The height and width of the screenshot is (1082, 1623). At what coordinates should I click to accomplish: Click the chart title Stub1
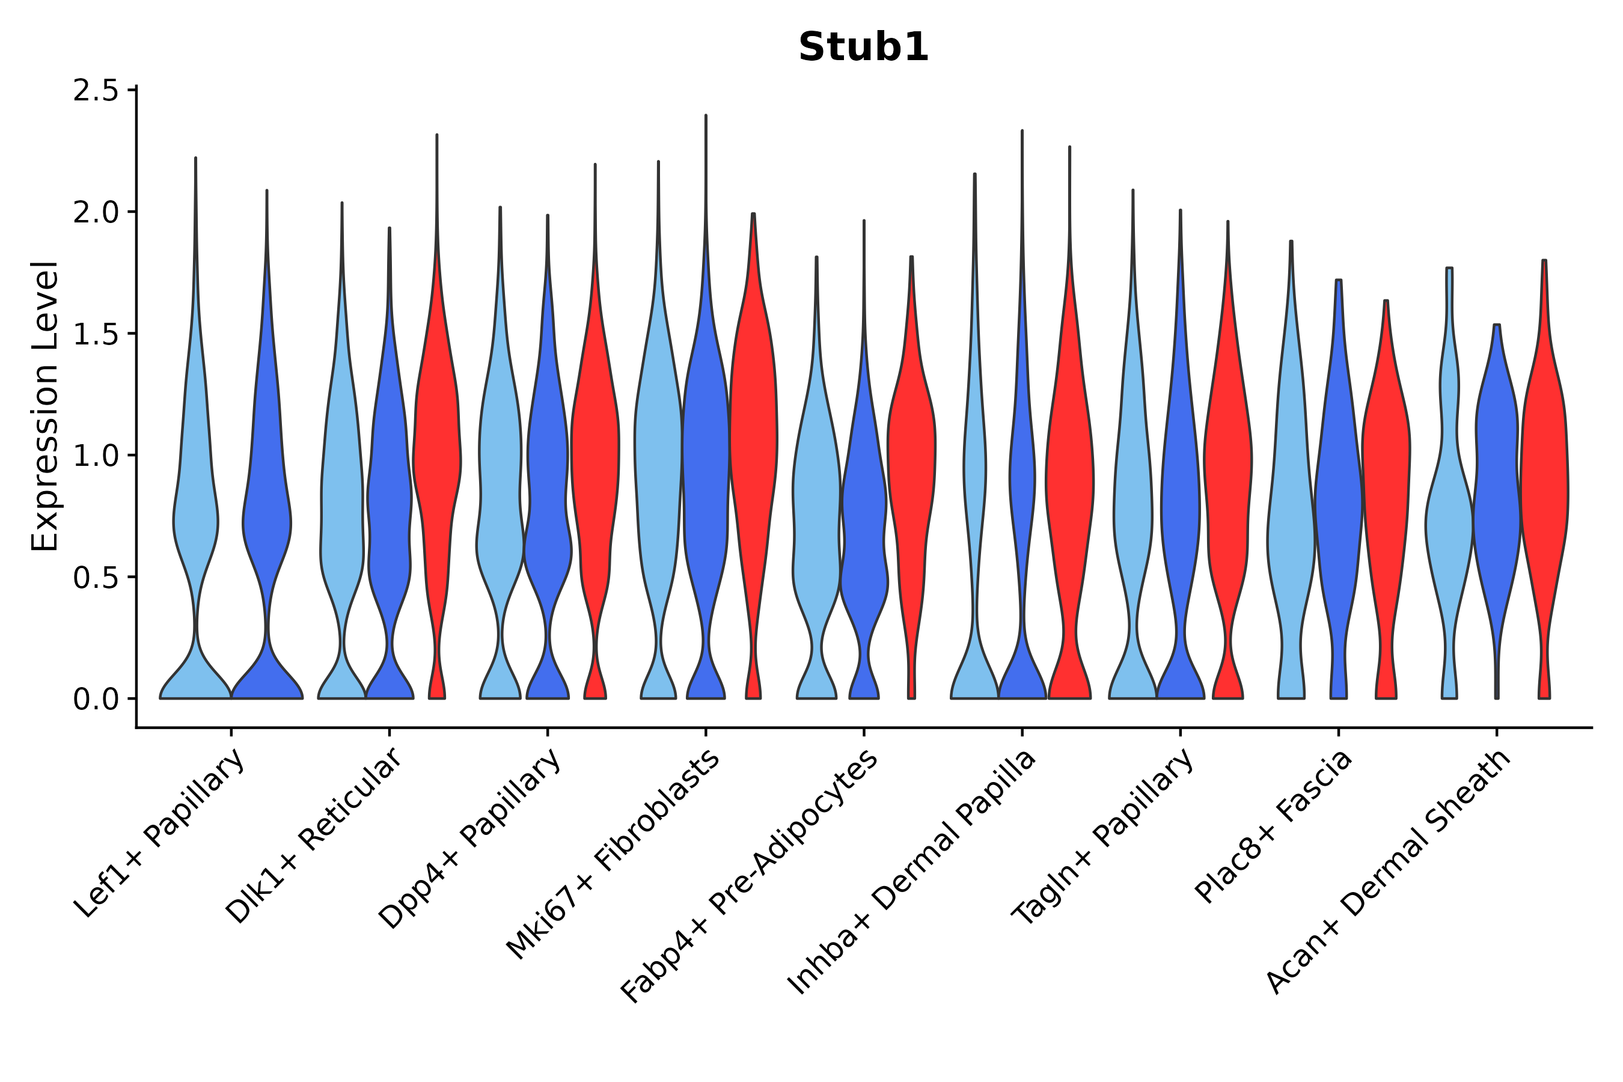pyautogui.click(x=863, y=47)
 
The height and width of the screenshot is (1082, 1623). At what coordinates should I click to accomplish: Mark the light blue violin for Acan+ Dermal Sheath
pyautogui.click(x=1449, y=524)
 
